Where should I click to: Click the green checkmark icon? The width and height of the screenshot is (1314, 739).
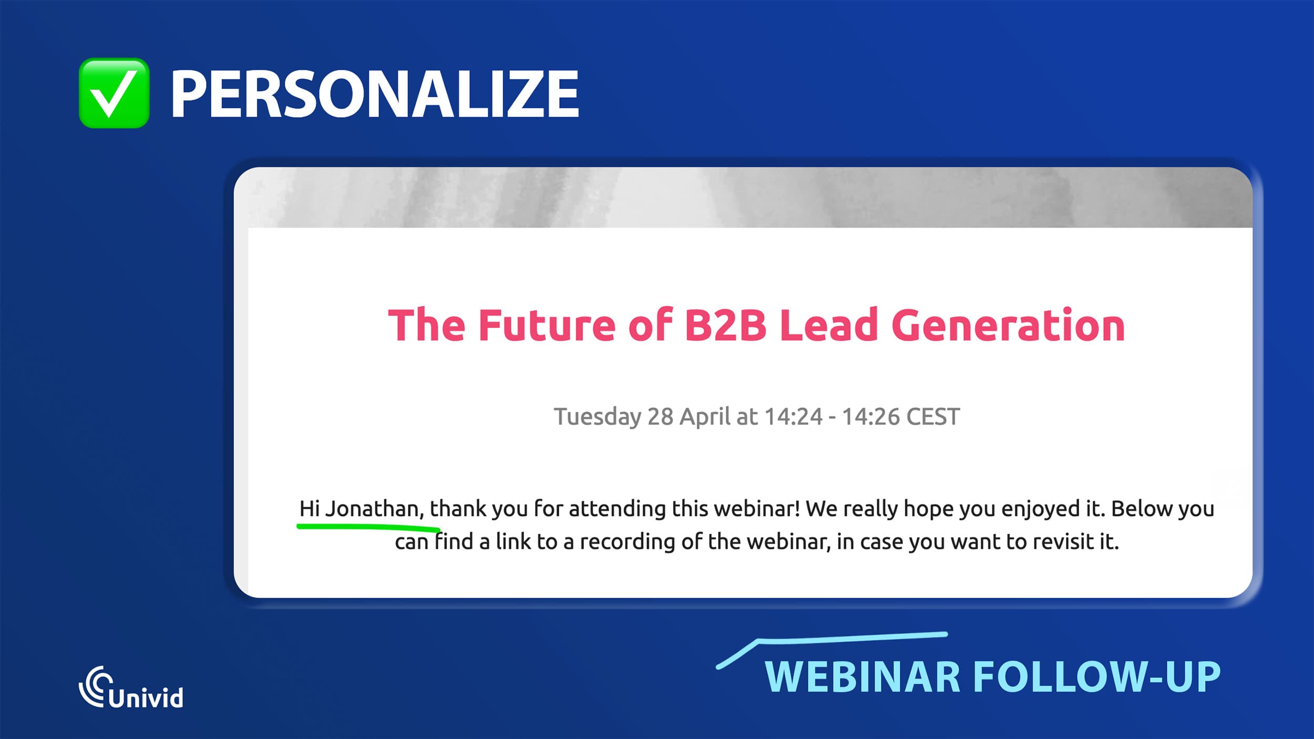click(114, 93)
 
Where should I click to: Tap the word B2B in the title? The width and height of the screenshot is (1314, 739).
click(725, 326)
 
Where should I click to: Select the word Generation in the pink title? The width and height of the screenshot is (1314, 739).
click(1008, 326)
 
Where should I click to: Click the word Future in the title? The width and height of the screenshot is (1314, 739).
click(547, 326)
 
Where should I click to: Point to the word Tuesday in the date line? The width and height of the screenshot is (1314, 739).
click(598, 417)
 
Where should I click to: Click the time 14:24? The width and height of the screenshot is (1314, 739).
click(793, 417)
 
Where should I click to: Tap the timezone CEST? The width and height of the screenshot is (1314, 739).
click(933, 417)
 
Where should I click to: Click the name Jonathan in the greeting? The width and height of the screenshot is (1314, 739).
click(374, 509)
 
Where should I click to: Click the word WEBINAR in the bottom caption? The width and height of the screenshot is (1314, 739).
click(863, 677)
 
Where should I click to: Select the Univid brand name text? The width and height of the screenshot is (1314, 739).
click(146, 697)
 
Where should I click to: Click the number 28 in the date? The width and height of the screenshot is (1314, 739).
click(660, 417)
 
